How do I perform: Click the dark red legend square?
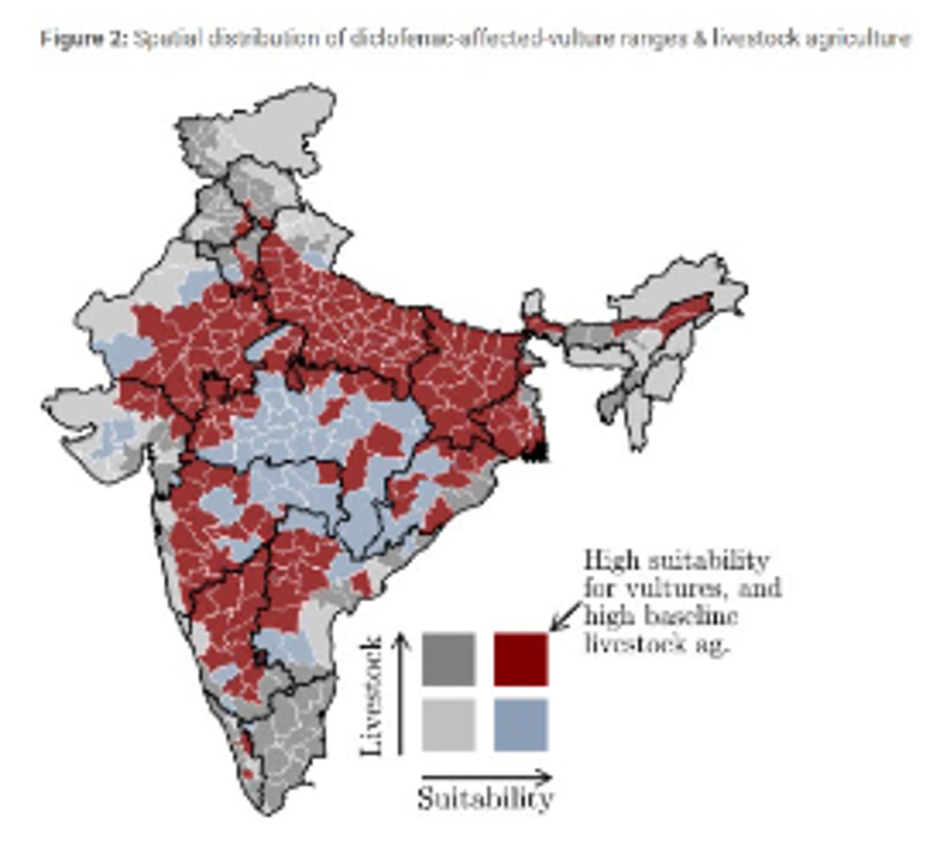(x=521, y=659)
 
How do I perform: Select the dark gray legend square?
(x=448, y=659)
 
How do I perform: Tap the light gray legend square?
(x=448, y=725)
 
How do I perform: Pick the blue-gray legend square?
(x=521, y=725)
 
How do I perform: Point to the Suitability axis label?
(x=486, y=798)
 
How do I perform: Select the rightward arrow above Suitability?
(x=486, y=776)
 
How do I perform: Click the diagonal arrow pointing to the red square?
(x=567, y=616)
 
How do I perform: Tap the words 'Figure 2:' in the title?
(x=83, y=39)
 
